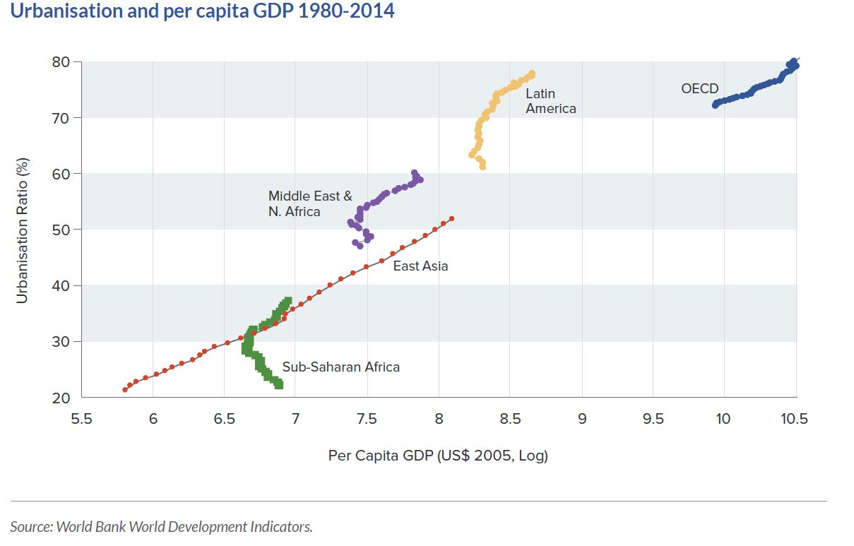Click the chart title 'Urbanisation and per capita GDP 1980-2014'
click(x=202, y=12)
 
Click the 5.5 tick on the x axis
click(x=82, y=419)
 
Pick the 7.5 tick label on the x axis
click(x=367, y=419)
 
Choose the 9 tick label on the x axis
click(x=582, y=419)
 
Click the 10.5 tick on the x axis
click(x=794, y=419)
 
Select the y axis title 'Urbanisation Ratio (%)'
click(x=23, y=230)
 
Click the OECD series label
click(x=699, y=89)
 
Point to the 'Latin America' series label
click(x=550, y=101)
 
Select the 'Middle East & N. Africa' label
click(x=310, y=204)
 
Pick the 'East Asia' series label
click(x=420, y=266)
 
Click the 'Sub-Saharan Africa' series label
click(x=340, y=367)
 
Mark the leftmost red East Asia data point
click(x=125, y=390)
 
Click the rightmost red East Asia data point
click(x=451, y=219)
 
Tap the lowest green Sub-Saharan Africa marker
click(x=279, y=385)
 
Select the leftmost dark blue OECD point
click(x=716, y=105)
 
